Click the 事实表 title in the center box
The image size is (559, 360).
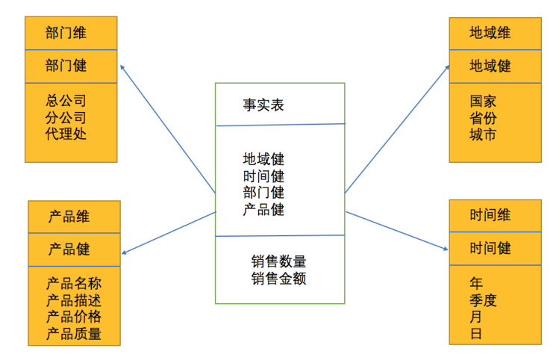click(263, 105)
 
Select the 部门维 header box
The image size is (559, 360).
click(71, 34)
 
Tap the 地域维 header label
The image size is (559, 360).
click(490, 33)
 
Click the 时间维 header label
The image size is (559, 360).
click(490, 215)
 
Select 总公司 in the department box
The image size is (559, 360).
click(66, 100)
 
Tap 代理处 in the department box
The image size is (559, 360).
click(66, 134)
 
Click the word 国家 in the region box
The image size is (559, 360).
click(483, 101)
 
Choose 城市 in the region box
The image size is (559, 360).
click(483, 135)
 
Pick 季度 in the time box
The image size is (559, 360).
click(483, 300)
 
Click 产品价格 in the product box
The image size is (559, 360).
click(74, 317)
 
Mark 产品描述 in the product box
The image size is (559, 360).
click(74, 300)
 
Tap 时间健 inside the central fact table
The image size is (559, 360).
click(263, 176)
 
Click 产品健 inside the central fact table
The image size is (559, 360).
click(263, 209)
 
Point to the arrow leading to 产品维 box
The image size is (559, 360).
click(168, 233)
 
